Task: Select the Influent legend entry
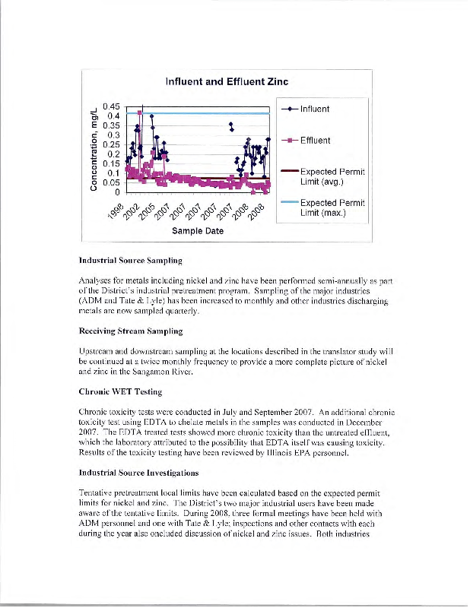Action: (314, 108)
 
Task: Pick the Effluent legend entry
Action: (314, 140)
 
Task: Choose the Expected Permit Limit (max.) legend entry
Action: (332, 207)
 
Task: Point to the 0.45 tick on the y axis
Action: (112, 106)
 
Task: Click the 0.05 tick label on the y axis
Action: (112, 182)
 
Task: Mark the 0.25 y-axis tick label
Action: (112, 144)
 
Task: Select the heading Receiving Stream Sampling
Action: (129, 331)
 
